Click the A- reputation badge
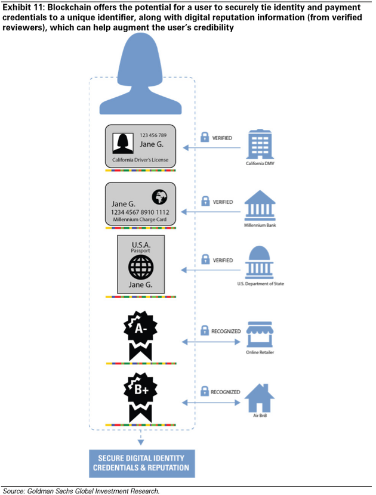(140, 333)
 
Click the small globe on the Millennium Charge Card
(160, 197)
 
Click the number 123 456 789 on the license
(153, 135)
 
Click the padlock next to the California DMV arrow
(204, 138)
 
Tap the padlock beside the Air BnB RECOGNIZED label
(204, 392)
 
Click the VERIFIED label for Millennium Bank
(223, 202)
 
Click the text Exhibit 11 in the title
(21, 7)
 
